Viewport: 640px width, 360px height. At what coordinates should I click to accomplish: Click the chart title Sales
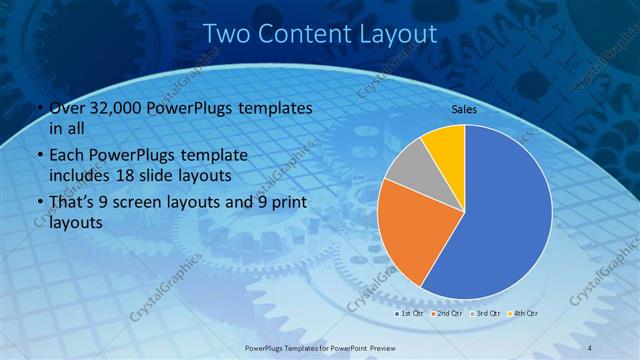(x=463, y=109)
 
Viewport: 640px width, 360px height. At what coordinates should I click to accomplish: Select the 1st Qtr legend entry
(x=410, y=314)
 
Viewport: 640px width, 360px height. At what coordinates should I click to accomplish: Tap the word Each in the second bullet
(x=67, y=157)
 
